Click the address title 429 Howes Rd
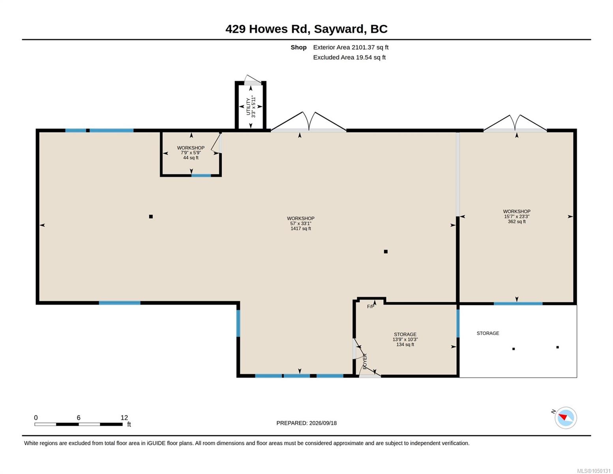pyautogui.click(x=268, y=29)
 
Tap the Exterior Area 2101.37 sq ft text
pyautogui.click(x=351, y=47)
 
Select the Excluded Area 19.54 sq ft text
pyautogui.click(x=349, y=57)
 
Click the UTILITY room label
pyautogui.click(x=248, y=106)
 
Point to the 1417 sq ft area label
pyautogui.click(x=301, y=228)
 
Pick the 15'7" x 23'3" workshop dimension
pyautogui.click(x=517, y=216)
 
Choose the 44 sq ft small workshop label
pyautogui.click(x=191, y=158)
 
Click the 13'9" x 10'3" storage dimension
pyautogui.click(x=405, y=339)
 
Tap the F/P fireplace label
pyautogui.click(x=370, y=307)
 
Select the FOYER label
pyautogui.click(x=365, y=361)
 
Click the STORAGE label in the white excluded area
pyautogui.click(x=488, y=333)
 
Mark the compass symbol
pyautogui.click(x=566, y=418)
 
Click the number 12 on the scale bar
pyautogui.click(x=124, y=418)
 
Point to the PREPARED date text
pyautogui.click(x=306, y=423)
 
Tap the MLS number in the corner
pyautogui.click(x=594, y=471)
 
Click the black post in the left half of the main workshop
pyautogui.click(x=151, y=216)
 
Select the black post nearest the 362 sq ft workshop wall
pyautogui.click(x=386, y=252)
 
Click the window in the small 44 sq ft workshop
pyautogui.click(x=201, y=176)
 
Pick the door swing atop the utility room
pyautogui.click(x=253, y=80)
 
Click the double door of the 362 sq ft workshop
pyautogui.click(x=515, y=124)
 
